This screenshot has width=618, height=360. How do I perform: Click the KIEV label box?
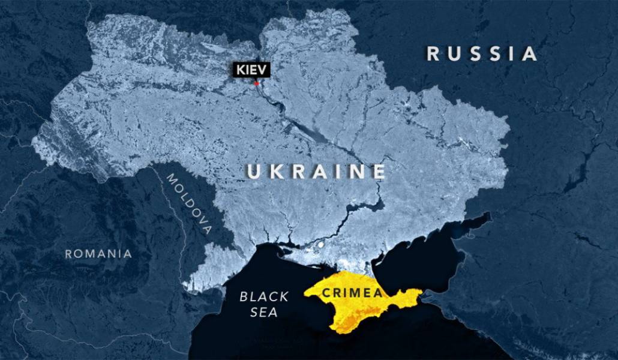(252, 70)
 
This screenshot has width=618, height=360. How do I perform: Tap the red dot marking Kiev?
(257, 83)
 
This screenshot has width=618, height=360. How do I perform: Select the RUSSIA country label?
(482, 53)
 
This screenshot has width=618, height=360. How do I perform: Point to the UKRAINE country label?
(316, 172)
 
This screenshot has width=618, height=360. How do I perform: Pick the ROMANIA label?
(98, 253)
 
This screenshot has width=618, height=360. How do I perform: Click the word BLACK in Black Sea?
(264, 296)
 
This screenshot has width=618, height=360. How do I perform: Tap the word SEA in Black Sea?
(265, 312)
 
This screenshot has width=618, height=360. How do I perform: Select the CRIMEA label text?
(352, 293)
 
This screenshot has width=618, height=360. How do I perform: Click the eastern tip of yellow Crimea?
(421, 292)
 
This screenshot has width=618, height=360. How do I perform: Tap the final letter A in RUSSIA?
(530, 53)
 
